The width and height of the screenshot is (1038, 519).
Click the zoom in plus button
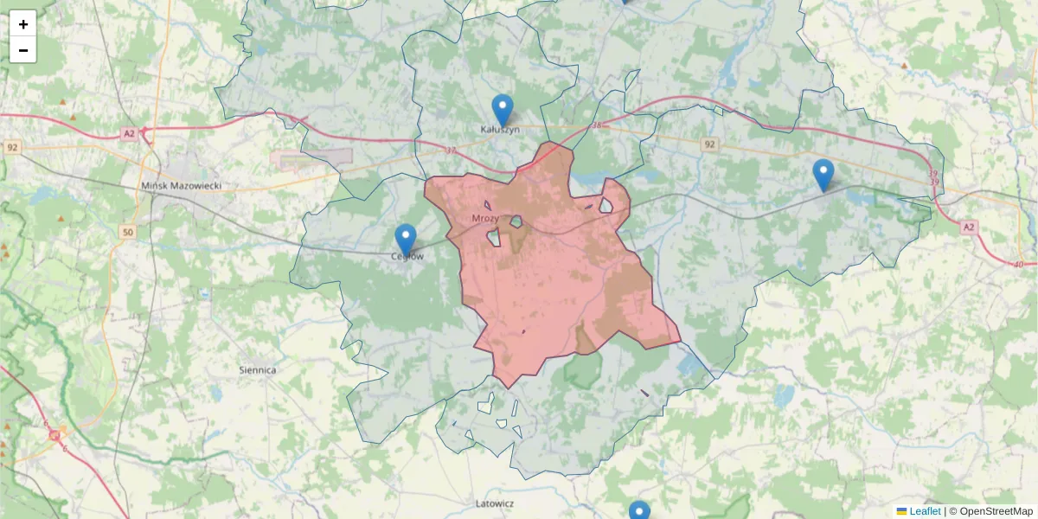coord(23,24)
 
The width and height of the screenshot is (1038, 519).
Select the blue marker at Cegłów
coord(405,240)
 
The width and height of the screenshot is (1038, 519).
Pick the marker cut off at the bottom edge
coord(639,511)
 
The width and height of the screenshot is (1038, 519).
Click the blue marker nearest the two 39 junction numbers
coord(823,175)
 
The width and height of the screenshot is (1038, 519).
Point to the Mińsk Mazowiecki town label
coord(182,186)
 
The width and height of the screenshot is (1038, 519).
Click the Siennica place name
coord(257,370)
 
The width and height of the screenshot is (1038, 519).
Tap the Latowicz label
coord(495,503)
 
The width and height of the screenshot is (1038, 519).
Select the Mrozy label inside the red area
coord(485,218)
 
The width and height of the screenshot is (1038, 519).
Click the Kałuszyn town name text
coord(500,130)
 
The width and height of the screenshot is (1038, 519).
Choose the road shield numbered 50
coord(128,233)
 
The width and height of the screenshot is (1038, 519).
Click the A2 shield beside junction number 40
coord(968,227)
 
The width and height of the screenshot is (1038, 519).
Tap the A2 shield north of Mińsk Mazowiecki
coord(129,133)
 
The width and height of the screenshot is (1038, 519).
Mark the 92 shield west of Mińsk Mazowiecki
coord(12,147)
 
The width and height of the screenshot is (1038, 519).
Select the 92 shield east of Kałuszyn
coord(710,144)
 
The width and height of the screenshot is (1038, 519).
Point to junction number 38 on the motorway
coord(596,126)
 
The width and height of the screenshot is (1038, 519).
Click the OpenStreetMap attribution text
coord(996,511)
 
